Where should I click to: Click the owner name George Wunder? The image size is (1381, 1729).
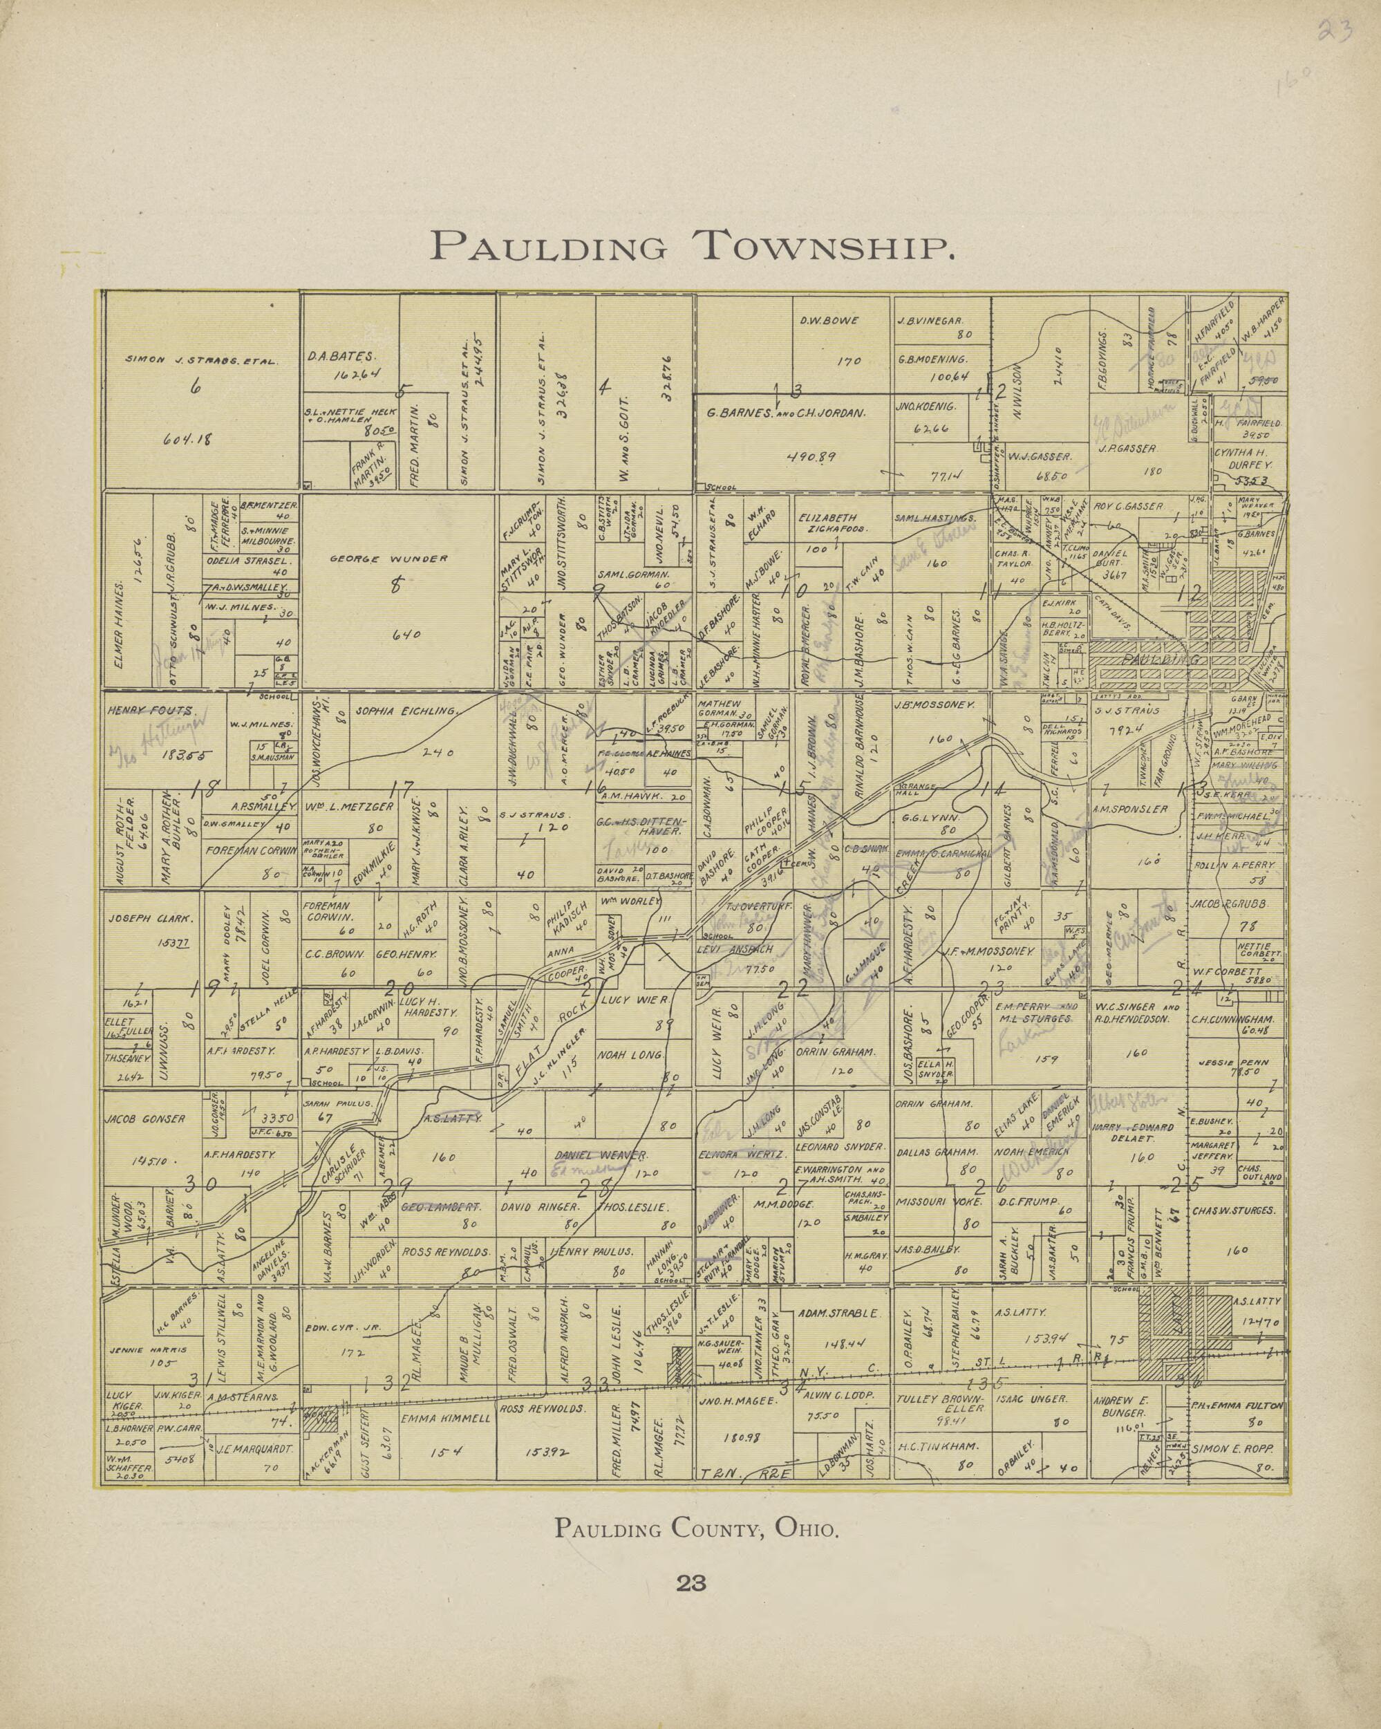click(x=388, y=559)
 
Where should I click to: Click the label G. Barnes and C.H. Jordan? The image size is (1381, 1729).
click(x=785, y=415)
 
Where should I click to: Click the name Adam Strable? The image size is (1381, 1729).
click(x=839, y=1314)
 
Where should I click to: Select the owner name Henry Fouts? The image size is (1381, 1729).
click(x=150, y=711)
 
